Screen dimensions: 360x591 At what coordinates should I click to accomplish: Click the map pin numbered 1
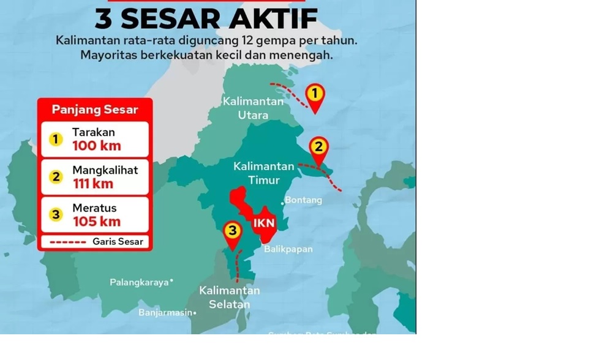(x=315, y=96)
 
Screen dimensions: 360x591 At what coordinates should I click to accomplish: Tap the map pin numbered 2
(x=318, y=148)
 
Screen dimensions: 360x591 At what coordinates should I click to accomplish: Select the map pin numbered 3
(x=232, y=232)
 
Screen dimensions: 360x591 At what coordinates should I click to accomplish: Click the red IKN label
(x=264, y=223)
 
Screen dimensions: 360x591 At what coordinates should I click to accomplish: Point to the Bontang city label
(x=303, y=200)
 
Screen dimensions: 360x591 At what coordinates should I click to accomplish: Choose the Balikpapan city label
(x=288, y=249)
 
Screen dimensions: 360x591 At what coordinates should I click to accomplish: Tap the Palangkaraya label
(x=139, y=282)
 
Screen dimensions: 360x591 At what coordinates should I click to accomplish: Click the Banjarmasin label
(x=165, y=313)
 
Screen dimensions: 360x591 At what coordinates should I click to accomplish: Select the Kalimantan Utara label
(x=253, y=108)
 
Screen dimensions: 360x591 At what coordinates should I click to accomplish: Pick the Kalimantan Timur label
(x=264, y=173)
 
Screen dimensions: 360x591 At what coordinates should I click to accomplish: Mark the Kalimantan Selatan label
(x=230, y=297)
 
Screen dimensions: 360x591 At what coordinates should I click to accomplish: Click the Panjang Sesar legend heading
(x=95, y=110)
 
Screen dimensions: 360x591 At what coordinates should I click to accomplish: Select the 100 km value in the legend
(x=97, y=146)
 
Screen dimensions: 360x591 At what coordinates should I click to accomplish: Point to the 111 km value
(x=93, y=184)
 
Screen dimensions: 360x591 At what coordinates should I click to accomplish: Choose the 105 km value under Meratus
(x=97, y=222)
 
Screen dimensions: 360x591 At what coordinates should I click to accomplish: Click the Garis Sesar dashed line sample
(x=67, y=242)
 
